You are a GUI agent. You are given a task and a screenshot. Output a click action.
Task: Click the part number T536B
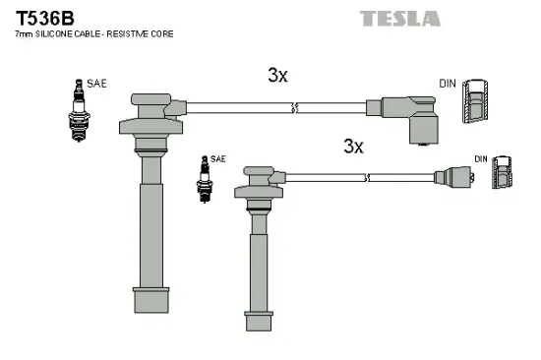pos(40,18)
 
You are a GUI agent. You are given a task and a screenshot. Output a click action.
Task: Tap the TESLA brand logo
pos(399,18)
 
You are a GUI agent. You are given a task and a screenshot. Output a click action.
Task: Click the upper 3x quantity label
pos(277,75)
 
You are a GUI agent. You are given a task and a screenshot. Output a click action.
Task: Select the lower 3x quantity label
pos(353,147)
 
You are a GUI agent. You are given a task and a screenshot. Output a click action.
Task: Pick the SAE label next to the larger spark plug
pos(96,86)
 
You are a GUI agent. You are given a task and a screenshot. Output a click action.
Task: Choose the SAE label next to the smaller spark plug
pos(218,158)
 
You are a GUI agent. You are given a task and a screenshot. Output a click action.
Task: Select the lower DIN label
pos(481,158)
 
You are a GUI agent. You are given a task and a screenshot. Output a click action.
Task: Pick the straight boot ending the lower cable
pos(455,180)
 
